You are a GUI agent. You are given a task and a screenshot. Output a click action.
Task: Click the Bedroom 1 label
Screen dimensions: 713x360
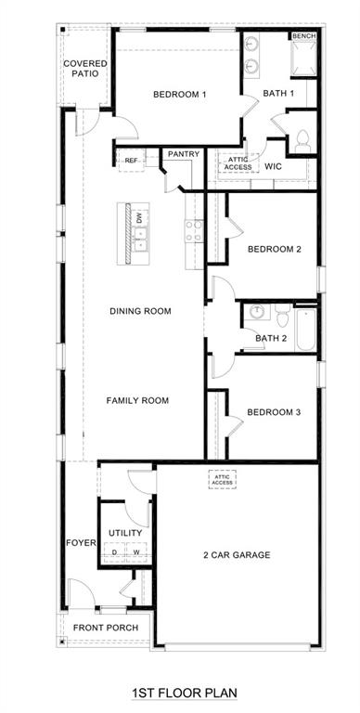tap(179, 95)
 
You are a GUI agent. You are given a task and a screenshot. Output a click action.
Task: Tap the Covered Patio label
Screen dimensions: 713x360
tap(84, 68)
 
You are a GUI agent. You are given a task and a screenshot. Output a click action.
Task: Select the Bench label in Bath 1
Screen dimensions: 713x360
tap(303, 36)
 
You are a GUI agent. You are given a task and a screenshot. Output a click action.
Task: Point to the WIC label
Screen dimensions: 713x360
tap(273, 167)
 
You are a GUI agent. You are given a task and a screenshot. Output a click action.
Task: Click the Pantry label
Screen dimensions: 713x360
tap(184, 154)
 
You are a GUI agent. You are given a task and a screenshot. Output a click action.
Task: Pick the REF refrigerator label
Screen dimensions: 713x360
tap(132, 161)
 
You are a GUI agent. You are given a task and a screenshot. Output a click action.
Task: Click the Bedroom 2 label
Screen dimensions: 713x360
tap(275, 249)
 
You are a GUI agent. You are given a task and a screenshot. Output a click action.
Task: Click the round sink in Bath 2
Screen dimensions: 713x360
tap(256, 312)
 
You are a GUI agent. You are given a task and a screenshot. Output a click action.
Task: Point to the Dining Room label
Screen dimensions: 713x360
tap(140, 311)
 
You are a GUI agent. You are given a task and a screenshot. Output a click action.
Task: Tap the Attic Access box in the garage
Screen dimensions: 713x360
tap(223, 479)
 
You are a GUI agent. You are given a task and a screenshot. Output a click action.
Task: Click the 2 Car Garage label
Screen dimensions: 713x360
tap(237, 555)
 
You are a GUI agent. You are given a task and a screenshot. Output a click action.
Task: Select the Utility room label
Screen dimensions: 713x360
tap(124, 533)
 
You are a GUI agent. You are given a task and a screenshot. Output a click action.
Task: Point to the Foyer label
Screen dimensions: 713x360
tap(81, 542)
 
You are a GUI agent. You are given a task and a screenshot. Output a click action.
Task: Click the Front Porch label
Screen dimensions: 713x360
tap(107, 628)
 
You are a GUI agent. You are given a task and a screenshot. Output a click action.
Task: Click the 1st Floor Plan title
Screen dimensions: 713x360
tap(184, 693)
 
